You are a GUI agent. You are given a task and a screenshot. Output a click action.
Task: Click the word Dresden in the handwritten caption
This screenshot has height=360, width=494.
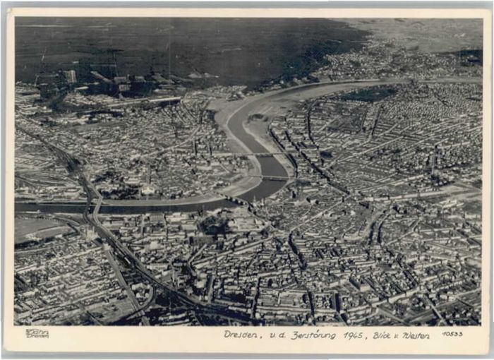coord(241,335)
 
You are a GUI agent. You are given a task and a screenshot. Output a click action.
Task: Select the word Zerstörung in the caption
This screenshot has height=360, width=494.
coord(313,335)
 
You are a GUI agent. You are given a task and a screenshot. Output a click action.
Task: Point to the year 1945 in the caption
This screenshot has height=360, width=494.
coord(354,335)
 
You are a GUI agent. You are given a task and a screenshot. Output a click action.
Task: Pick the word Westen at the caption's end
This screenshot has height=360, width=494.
coord(416,335)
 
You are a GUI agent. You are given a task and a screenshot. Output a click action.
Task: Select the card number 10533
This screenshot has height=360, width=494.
coord(452,334)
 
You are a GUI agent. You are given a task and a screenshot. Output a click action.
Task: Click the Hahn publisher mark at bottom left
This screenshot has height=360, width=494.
coord(36,333)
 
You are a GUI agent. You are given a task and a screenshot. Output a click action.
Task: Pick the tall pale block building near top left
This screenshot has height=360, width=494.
coord(70,76)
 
